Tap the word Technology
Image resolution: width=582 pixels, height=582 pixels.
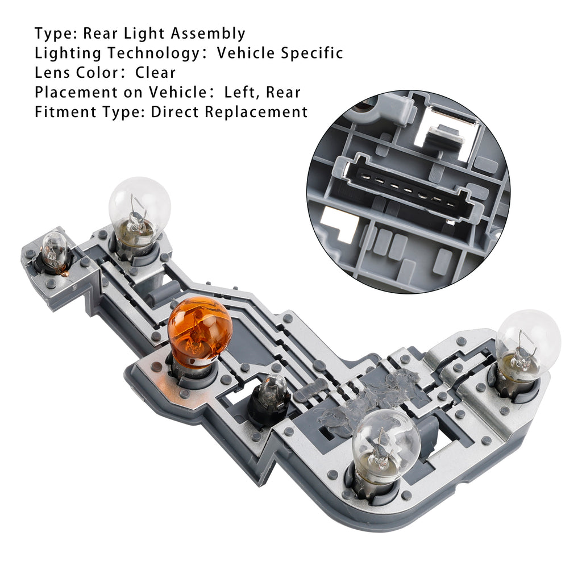click(x=153, y=53)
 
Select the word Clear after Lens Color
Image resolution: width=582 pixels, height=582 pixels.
click(x=155, y=72)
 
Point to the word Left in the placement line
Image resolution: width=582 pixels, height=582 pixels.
click(x=239, y=92)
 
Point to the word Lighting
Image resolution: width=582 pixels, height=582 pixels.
click(x=68, y=53)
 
